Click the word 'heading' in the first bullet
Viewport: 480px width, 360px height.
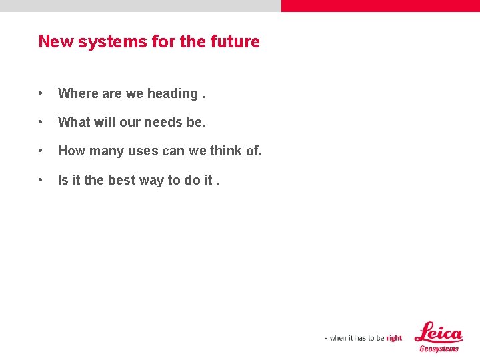click(x=172, y=94)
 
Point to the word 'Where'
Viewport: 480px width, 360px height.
click(x=77, y=93)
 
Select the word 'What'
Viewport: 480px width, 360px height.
click(x=73, y=123)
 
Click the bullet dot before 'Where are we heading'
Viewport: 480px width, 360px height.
click(x=41, y=94)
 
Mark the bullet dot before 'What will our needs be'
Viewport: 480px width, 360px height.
click(x=41, y=123)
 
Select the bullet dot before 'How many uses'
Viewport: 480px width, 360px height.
click(x=41, y=151)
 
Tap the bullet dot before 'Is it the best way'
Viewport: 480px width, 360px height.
click(x=41, y=180)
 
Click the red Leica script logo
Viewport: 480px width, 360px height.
click(x=438, y=332)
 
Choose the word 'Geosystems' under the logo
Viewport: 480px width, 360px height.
click(x=439, y=349)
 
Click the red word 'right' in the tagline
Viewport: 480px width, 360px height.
click(x=394, y=338)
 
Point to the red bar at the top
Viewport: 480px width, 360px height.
click(x=380, y=6)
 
